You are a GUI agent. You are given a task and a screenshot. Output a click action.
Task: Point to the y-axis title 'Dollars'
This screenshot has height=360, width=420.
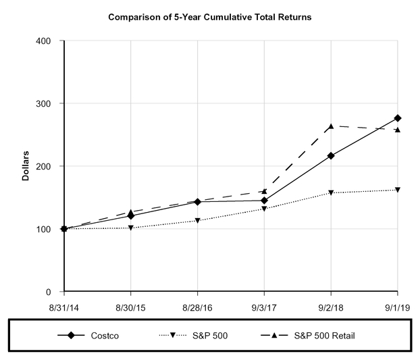click(x=26, y=166)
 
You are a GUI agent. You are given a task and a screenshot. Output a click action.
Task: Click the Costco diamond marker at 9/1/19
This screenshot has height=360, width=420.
click(x=398, y=118)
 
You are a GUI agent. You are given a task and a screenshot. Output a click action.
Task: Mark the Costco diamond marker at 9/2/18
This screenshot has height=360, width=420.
click(x=331, y=156)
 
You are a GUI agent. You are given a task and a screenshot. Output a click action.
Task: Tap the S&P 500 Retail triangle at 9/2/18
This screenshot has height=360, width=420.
click(x=331, y=126)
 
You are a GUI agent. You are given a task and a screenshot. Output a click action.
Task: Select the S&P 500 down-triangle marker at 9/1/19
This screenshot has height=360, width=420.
click(x=398, y=190)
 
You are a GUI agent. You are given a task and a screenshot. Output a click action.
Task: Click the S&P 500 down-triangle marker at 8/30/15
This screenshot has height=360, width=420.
click(x=131, y=228)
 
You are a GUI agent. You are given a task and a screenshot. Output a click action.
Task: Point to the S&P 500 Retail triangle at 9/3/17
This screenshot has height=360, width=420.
click(x=264, y=192)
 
